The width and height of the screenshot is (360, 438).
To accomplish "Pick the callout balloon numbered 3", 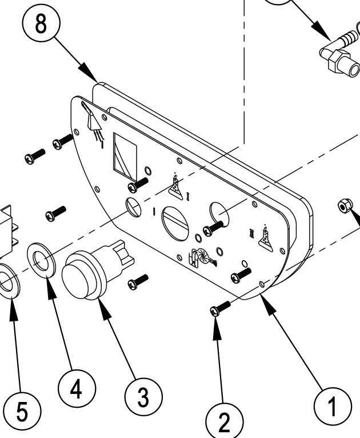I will [143, 395].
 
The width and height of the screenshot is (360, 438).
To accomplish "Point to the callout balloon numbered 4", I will [76, 389].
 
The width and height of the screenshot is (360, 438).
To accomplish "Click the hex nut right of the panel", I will [345, 204].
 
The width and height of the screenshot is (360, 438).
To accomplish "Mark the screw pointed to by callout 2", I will [220, 309].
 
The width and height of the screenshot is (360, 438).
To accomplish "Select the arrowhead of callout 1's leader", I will [266, 300].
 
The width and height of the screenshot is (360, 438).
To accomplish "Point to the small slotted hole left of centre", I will [134, 206].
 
